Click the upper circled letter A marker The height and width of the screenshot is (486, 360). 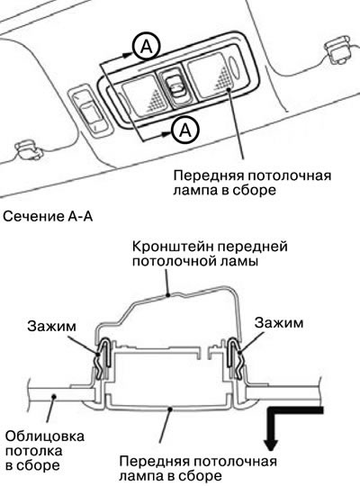(147, 47)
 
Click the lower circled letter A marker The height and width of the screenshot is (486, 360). (185, 130)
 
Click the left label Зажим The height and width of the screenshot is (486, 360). (51, 327)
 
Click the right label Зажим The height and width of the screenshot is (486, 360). (279, 323)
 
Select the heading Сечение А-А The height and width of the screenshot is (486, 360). (48, 216)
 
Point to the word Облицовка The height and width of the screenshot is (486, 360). (45, 436)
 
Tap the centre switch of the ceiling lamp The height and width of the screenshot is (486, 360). (175, 87)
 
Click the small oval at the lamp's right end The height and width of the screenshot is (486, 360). (235, 67)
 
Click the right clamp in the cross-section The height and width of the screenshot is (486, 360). (237, 358)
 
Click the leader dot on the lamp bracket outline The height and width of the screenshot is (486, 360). (168, 295)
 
